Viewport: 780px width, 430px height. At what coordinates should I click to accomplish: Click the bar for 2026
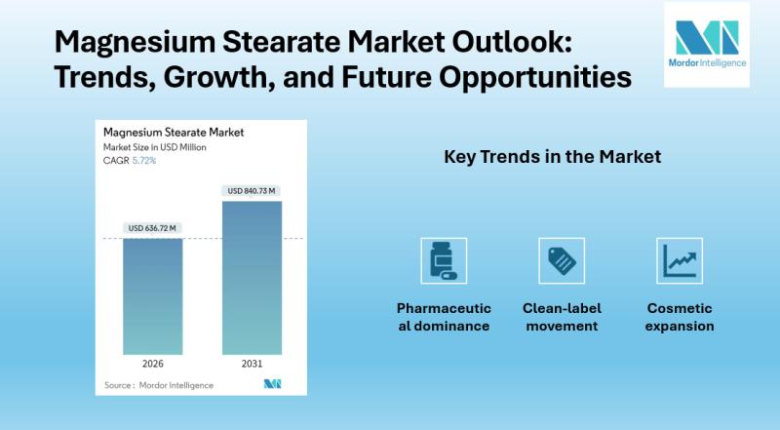(x=153, y=296)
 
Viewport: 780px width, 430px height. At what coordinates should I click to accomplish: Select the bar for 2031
(x=252, y=278)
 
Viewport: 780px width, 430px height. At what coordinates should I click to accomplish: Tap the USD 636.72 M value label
(x=152, y=228)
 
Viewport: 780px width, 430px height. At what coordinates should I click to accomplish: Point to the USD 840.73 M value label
(x=252, y=190)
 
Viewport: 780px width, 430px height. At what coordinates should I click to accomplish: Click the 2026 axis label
(x=153, y=364)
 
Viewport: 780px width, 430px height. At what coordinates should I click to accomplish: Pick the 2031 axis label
(x=252, y=364)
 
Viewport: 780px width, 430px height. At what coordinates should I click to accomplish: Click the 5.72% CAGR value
(x=144, y=160)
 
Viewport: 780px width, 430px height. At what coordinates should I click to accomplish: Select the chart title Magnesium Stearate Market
(x=174, y=133)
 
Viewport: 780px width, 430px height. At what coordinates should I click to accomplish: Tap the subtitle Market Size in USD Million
(x=155, y=147)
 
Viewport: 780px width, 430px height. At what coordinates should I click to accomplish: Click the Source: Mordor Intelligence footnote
(x=159, y=385)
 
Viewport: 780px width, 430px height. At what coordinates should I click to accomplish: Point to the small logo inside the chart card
(x=272, y=384)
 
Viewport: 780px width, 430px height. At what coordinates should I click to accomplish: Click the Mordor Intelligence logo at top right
(x=707, y=44)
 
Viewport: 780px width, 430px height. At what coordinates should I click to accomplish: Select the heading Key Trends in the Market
(x=552, y=157)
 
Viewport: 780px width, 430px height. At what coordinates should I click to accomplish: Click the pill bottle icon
(x=444, y=260)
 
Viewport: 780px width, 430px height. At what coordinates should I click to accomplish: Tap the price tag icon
(x=562, y=260)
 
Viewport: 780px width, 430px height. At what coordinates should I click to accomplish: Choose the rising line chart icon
(x=680, y=260)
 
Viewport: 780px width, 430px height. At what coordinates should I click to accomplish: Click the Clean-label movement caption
(x=562, y=317)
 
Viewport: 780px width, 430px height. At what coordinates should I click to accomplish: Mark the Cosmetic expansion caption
(x=680, y=317)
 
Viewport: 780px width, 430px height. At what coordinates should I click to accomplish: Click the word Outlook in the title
(x=512, y=41)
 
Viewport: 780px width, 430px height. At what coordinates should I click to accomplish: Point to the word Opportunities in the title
(x=535, y=78)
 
